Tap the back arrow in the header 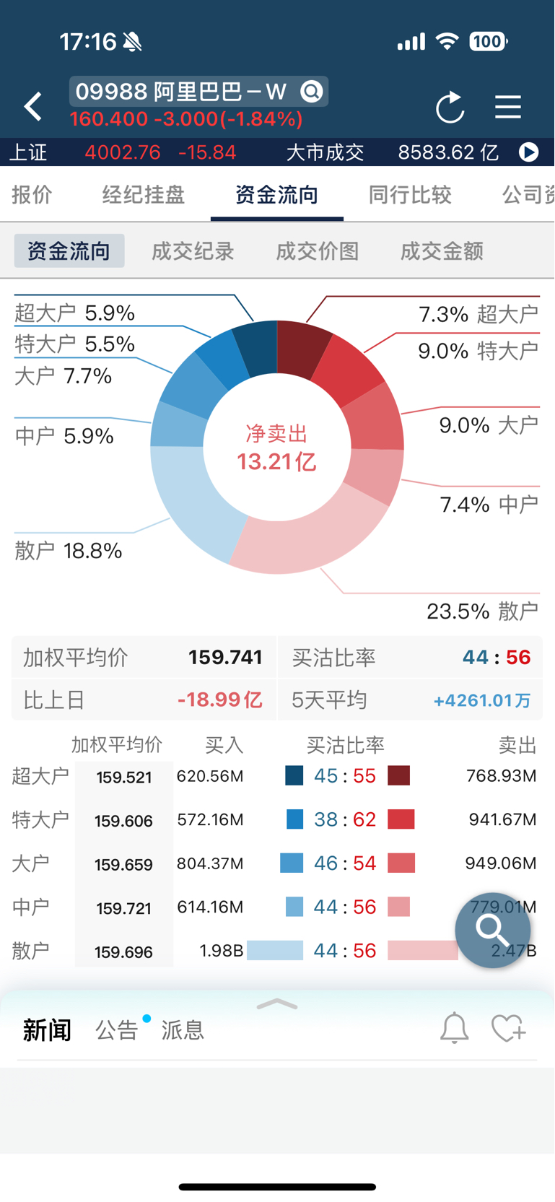coord(32,107)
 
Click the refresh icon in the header coord(450,108)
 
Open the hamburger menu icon coord(508,107)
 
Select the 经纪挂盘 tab coord(144,195)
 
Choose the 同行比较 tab coord(410,195)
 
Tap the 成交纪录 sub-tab coord(193,251)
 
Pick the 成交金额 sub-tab coord(442,251)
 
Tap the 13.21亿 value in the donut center coord(276,461)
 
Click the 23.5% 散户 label coord(481,611)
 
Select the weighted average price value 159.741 coord(225,658)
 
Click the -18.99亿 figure coord(219,700)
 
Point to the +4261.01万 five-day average coord(481,701)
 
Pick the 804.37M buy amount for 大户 coord(210,863)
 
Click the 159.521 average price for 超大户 coord(124,778)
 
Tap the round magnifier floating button coord(493,930)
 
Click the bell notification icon coord(455,1028)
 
